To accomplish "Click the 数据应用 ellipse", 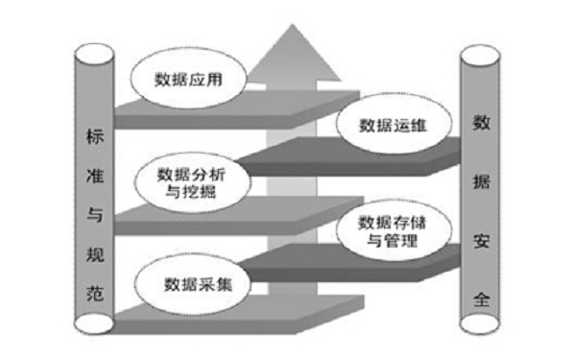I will click(187, 78).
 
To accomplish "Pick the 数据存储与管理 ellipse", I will click(390, 230).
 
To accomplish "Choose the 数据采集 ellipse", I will click(191, 284).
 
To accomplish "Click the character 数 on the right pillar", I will click(480, 122).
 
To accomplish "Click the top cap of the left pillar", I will click(93, 51).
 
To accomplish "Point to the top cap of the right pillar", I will click(482, 54).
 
